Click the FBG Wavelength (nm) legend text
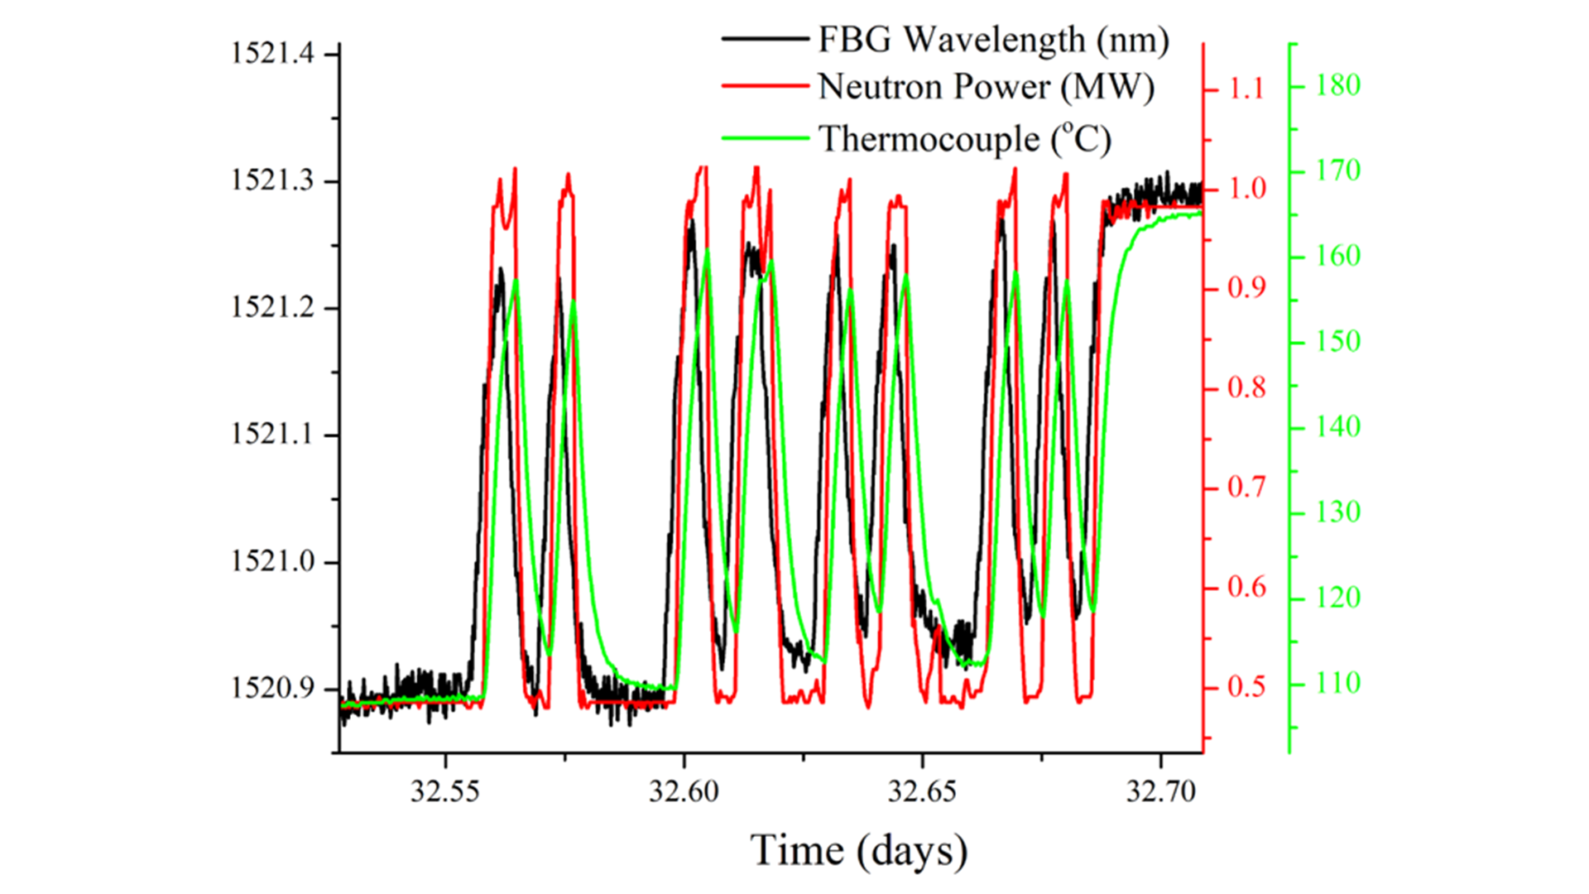pyautogui.click(x=993, y=40)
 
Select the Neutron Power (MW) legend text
pyautogui.click(x=986, y=87)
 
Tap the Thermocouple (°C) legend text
pyautogui.click(x=965, y=138)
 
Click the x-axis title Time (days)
pyautogui.click(x=858, y=851)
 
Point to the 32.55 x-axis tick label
pyautogui.click(x=445, y=791)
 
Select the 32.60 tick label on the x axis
pyautogui.click(x=684, y=791)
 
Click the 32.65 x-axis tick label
pyautogui.click(x=922, y=791)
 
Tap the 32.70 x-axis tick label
pyautogui.click(x=1160, y=791)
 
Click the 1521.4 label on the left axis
pyautogui.click(x=272, y=54)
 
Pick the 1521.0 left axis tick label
pyautogui.click(x=272, y=562)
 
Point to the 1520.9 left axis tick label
pyautogui.click(x=272, y=689)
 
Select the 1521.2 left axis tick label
pyautogui.click(x=272, y=308)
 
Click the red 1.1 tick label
pyautogui.click(x=1246, y=89)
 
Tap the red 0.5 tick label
pyautogui.click(x=1246, y=687)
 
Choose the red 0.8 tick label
pyautogui.click(x=1246, y=387)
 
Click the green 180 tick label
pyautogui.click(x=1338, y=85)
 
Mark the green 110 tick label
pyautogui.click(x=1338, y=684)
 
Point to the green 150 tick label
pyautogui.click(x=1338, y=342)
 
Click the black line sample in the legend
pyautogui.click(x=765, y=39)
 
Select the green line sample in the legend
pyautogui.click(x=765, y=137)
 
